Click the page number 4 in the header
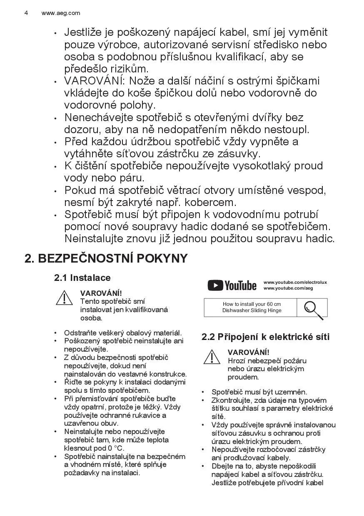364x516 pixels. tap(26, 13)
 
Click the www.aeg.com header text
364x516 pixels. tap(61, 13)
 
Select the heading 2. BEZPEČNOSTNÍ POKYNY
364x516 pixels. tap(106, 258)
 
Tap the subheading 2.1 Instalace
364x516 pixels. tap(82, 278)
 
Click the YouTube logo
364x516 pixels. tap(232, 285)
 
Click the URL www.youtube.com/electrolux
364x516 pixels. tap(295, 283)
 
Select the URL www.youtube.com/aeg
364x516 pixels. tap(288, 288)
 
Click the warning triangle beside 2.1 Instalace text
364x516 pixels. tap(65, 298)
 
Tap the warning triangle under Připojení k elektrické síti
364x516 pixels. tap(212, 357)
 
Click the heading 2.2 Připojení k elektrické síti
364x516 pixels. tap(265, 337)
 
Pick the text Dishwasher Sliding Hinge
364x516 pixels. tap(252, 310)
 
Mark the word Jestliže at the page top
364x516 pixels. tap(84, 32)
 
